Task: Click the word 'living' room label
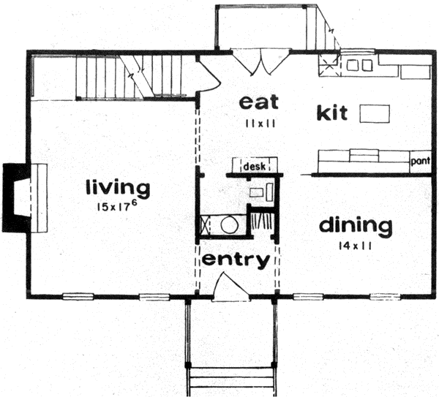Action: point(118,188)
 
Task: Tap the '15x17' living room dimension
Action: point(118,207)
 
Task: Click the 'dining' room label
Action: point(356,225)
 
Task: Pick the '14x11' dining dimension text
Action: point(356,246)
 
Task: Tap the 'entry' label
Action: point(236,260)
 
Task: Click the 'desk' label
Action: point(253,167)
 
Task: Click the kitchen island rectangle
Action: point(375,113)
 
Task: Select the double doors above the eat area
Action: point(256,61)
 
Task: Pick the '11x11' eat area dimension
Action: point(260,124)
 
